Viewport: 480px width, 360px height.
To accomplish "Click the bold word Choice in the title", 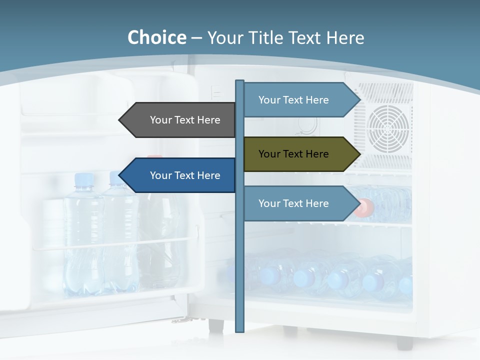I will pos(156,38).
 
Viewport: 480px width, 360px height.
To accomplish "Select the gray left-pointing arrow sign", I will pos(180,120).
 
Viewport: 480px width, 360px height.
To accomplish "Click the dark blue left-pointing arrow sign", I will pos(180,175).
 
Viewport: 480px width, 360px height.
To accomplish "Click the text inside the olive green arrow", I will pos(293,154).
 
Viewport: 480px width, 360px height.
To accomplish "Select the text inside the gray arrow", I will pos(185,120).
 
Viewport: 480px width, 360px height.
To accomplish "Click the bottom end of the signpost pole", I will pos(239,330).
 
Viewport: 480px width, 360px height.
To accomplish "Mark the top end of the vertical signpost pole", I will pos(239,82).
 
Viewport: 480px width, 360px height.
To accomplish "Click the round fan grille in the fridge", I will pos(388,128).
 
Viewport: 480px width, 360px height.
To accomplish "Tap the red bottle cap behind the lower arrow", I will pos(365,207).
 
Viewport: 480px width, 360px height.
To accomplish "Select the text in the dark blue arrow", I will pos(185,175).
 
